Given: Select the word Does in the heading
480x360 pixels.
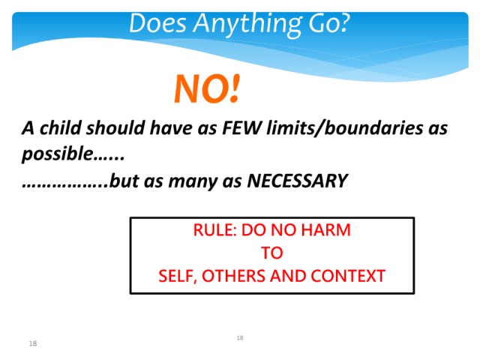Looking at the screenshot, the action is click(157, 23).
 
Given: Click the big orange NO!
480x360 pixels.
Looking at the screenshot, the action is click(207, 88).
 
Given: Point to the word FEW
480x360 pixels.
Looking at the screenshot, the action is click(241, 127).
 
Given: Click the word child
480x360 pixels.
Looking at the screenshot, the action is click(60, 127).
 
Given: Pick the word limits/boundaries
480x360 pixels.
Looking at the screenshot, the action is click(344, 128).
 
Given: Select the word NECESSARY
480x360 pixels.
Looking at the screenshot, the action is click(297, 181).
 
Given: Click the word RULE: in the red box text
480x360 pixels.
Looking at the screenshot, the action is click(215, 230).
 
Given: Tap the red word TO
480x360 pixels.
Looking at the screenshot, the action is click(271, 253).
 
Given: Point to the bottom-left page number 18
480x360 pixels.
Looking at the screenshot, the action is click(33, 343).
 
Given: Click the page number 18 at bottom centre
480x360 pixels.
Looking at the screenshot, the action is click(240, 337).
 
